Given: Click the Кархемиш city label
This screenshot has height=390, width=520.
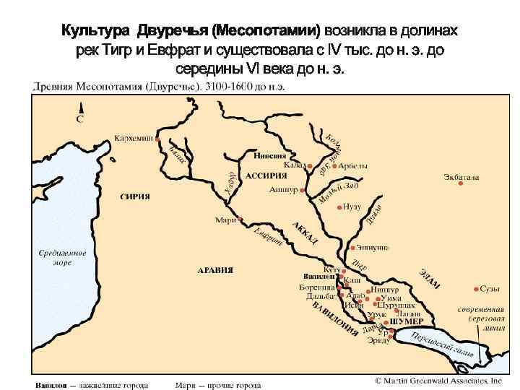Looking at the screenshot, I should click(133, 137).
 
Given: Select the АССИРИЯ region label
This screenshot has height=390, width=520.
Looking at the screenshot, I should click(264, 175).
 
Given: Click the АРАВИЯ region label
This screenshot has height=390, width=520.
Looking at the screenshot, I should click(215, 269).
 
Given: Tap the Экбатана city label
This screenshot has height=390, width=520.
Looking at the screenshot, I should click(461, 177).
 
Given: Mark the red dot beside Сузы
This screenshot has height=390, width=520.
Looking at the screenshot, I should click(475, 287).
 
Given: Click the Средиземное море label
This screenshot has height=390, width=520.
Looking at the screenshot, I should click(62, 258).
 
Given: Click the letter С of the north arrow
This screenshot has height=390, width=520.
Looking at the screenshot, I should click(80, 118).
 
